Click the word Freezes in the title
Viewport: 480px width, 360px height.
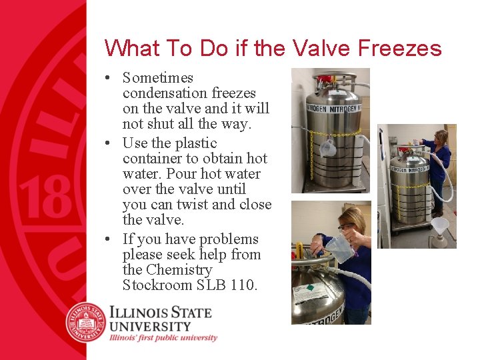(x=399, y=48)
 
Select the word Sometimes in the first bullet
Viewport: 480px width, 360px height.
(x=158, y=78)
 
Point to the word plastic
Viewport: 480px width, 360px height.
(x=196, y=143)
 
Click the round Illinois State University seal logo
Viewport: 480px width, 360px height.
(x=86, y=322)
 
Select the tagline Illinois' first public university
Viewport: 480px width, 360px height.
(x=163, y=338)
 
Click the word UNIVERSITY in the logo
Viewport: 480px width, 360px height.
(x=150, y=326)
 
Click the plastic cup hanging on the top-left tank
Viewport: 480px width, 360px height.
(x=328, y=149)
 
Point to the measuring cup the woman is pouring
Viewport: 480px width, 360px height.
(x=339, y=247)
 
